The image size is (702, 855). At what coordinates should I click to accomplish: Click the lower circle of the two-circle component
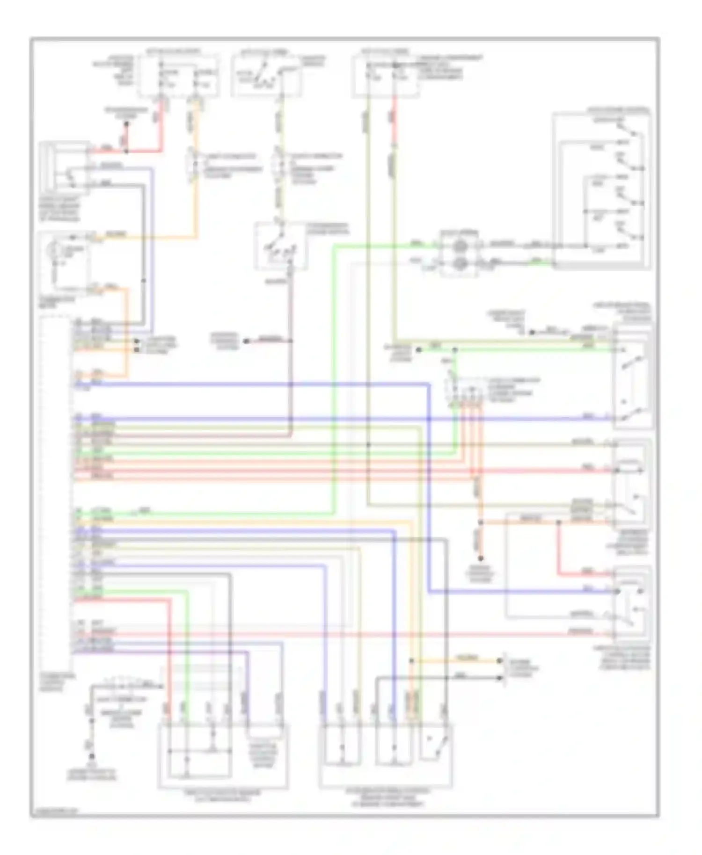[460, 264]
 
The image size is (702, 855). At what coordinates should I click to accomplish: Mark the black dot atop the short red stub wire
[125, 124]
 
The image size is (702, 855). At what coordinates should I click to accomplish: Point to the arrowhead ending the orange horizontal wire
[500, 660]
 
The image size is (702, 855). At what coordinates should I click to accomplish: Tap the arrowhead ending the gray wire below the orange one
[500, 677]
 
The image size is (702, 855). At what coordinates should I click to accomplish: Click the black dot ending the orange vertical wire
[480, 558]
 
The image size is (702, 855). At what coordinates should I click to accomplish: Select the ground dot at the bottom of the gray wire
[92, 756]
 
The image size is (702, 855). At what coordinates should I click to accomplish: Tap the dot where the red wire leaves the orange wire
[558, 522]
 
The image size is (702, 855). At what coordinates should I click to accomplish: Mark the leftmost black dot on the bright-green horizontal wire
[419, 350]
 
